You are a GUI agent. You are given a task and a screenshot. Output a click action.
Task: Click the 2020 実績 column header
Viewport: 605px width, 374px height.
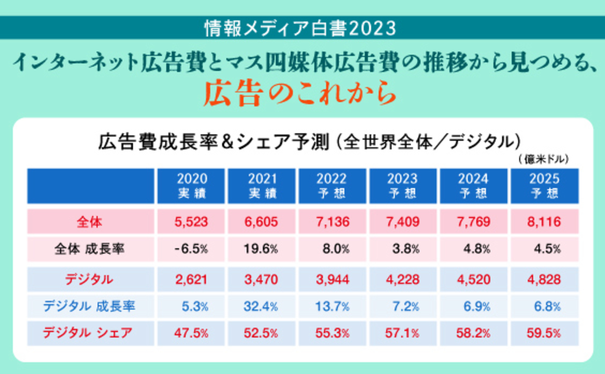191,186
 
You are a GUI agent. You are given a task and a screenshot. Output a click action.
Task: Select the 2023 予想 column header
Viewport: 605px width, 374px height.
403,186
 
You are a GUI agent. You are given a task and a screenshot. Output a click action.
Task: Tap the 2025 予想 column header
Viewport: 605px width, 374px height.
544,186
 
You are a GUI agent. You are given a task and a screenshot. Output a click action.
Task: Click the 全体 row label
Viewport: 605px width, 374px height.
90,222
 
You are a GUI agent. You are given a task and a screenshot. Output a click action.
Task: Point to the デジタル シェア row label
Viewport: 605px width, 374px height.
88,333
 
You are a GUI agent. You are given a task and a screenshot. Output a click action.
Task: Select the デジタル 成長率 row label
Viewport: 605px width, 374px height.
89,306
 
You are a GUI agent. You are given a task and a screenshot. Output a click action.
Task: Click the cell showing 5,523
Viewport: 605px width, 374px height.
191,222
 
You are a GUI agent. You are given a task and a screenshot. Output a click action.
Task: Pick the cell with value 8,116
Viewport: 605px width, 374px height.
544,222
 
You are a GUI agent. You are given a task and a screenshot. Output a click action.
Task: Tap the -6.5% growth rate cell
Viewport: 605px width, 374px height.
191,249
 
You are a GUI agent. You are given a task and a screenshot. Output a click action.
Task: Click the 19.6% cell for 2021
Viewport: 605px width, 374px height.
261,249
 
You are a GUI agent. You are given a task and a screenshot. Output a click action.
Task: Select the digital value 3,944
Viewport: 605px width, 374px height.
332,279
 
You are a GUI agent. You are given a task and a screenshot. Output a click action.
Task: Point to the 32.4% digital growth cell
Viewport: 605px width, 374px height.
261,306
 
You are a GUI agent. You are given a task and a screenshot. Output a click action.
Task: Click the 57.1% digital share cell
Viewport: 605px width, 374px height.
402,333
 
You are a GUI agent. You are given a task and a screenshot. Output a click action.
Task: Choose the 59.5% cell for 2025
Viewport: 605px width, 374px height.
544,333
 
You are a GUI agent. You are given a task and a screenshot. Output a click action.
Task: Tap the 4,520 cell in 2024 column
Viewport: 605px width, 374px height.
473,279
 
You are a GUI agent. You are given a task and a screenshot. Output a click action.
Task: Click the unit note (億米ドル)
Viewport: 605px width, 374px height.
544,159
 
